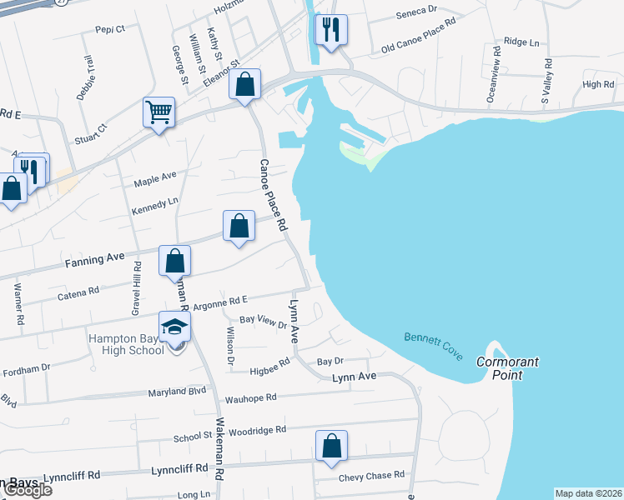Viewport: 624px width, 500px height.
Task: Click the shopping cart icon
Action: [159, 112]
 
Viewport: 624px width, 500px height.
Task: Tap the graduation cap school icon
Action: [175, 326]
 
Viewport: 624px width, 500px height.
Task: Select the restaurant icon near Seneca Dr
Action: [331, 31]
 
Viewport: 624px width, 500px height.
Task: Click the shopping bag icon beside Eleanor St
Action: [245, 85]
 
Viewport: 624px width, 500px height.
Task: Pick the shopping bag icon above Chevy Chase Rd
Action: [332, 446]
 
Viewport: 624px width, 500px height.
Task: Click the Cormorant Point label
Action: [508, 368]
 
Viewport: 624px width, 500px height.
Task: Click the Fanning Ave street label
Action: [94, 260]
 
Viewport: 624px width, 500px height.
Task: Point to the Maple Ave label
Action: [157, 176]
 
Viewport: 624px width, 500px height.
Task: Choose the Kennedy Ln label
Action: [155, 202]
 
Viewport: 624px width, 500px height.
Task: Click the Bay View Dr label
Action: [263, 321]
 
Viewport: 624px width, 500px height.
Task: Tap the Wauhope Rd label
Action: [250, 398]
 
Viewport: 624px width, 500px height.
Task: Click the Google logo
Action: [27, 490]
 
